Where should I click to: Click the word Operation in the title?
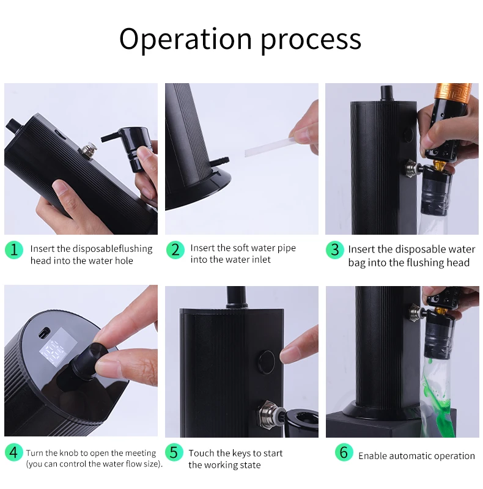[185, 40]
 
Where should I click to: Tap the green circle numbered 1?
[14, 250]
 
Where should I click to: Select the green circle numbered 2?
[175, 250]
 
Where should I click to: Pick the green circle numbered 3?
[335, 250]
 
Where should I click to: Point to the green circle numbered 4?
[14, 452]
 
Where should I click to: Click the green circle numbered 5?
[174, 452]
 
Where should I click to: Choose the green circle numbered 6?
[344, 452]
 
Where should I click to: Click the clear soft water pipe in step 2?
[269, 147]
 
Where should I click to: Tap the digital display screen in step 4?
[58, 347]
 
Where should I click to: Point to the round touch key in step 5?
[267, 362]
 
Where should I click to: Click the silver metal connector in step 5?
[270, 414]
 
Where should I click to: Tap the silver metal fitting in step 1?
[88, 150]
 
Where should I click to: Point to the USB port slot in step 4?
[43, 333]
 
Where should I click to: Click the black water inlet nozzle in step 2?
[219, 162]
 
